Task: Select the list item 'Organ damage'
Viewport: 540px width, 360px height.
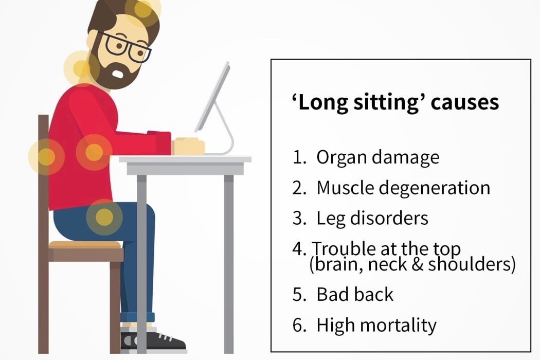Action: coord(378,157)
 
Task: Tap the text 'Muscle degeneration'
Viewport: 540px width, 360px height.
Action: coord(403,188)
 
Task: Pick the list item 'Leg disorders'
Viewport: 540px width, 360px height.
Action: coord(372,218)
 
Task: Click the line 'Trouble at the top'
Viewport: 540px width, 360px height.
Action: coord(386,249)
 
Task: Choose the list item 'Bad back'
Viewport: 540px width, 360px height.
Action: coord(355,295)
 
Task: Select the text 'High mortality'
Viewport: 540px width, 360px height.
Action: coord(376,325)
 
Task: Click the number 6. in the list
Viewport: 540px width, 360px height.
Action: coord(299,325)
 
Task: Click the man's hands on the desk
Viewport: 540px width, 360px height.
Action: coord(188,146)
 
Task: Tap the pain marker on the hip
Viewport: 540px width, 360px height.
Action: coord(104,218)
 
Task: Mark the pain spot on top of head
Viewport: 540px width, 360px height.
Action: coord(142,9)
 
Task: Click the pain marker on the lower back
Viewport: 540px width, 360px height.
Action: coord(46,157)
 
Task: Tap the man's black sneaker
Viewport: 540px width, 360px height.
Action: coord(153,341)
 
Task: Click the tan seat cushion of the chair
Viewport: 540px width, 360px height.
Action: coord(85,245)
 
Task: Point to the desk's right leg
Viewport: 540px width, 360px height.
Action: coord(229,264)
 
